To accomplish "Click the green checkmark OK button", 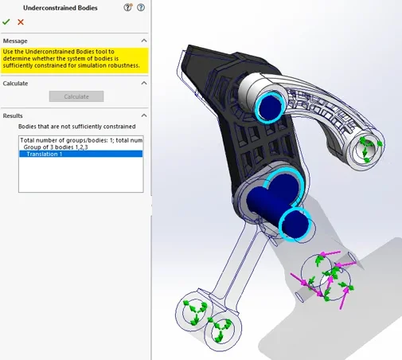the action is pyautogui.click(x=6, y=22).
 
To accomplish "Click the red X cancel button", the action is pyautogui.click(x=21, y=22).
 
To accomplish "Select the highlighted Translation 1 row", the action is pyautogui.click(x=81, y=154).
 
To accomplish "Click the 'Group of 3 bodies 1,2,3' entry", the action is pyautogui.click(x=56, y=147).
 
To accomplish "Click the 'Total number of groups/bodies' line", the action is pyautogui.click(x=81, y=140).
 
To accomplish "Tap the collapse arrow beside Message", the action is pyautogui.click(x=144, y=41).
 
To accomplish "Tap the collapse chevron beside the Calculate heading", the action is pyautogui.click(x=144, y=83).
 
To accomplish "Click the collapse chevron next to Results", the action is pyautogui.click(x=144, y=115).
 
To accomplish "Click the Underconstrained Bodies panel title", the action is pyautogui.click(x=60, y=8).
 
